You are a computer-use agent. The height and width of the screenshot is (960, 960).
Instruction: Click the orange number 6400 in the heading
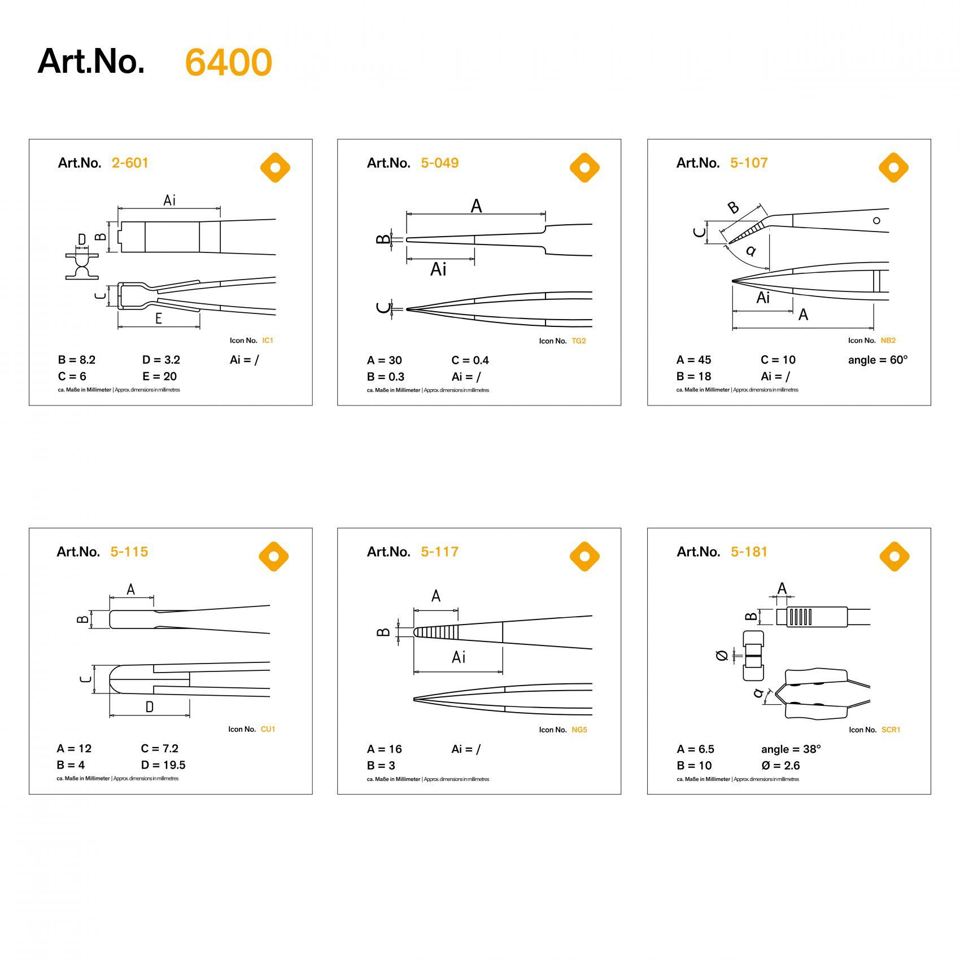(229, 62)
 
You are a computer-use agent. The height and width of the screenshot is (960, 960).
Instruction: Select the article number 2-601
(130, 163)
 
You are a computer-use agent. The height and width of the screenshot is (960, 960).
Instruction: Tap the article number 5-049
(439, 163)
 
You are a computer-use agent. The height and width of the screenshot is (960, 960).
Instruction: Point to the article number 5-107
(749, 163)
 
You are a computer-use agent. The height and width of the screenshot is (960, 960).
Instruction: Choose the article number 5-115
(129, 552)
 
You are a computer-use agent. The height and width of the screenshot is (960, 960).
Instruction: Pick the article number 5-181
(749, 552)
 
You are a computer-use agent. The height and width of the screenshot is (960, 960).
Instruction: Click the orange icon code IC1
(268, 341)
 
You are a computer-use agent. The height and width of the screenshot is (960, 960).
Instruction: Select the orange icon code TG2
(579, 341)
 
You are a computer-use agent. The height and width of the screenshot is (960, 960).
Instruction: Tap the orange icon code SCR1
(891, 730)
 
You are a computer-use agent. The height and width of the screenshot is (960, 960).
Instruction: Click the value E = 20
(160, 377)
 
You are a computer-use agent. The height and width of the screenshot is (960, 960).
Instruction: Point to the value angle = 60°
(878, 360)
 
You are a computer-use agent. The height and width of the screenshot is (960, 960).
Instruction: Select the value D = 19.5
(163, 765)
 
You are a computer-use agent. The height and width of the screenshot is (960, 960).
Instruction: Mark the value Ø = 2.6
(780, 766)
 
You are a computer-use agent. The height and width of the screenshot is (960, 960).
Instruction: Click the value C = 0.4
(470, 360)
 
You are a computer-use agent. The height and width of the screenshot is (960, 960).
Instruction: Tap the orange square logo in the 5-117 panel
(584, 556)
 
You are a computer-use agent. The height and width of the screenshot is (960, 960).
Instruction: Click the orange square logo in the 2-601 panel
(275, 168)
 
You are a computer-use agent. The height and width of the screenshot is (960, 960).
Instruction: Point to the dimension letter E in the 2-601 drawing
(159, 318)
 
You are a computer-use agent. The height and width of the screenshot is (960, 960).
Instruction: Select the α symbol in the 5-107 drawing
(750, 251)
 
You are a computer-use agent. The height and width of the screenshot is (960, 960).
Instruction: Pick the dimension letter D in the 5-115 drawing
(150, 707)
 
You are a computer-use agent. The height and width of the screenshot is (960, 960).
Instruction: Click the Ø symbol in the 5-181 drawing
(721, 656)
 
